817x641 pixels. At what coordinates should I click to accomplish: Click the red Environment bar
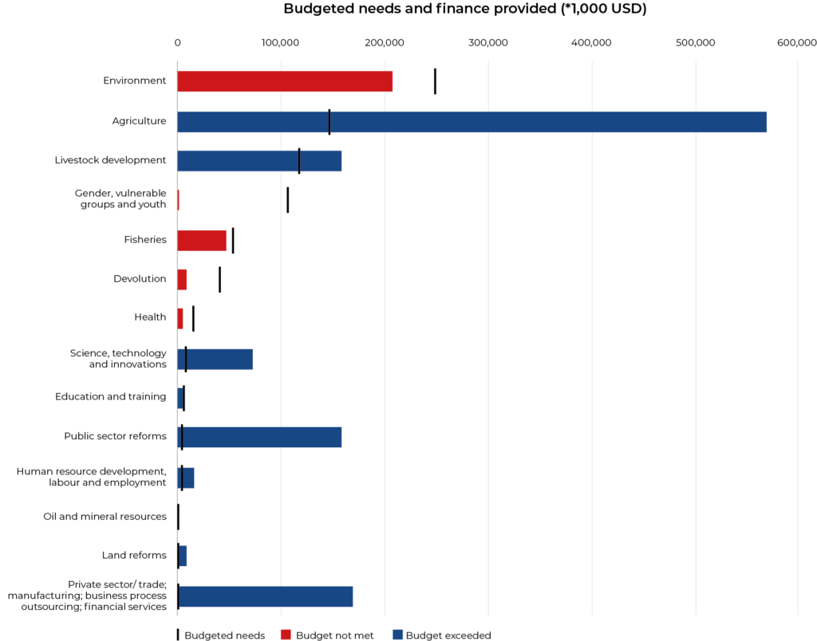(285, 81)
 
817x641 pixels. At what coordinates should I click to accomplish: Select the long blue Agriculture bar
(472, 122)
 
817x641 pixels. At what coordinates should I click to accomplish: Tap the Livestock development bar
(259, 161)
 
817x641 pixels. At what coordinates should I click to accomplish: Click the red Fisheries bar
(202, 241)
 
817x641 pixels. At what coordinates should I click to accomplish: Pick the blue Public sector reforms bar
(259, 438)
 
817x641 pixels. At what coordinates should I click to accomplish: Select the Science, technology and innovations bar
(215, 360)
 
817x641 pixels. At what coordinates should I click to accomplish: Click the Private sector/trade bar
(265, 596)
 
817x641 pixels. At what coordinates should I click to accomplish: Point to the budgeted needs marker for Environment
(435, 81)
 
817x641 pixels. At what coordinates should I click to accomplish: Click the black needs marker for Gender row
(287, 200)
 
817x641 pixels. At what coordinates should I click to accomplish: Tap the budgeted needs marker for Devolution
(220, 280)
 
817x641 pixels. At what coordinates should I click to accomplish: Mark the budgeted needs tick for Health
(193, 319)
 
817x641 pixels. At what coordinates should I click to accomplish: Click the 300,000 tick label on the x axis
(488, 43)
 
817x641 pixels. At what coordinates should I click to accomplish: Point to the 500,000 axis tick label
(696, 43)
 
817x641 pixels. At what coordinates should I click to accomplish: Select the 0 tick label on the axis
(178, 43)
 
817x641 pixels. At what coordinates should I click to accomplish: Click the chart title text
(465, 9)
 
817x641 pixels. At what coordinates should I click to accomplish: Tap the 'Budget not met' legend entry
(327, 635)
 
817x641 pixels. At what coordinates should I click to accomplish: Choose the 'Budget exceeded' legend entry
(442, 635)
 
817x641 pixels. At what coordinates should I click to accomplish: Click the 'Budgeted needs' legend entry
(221, 635)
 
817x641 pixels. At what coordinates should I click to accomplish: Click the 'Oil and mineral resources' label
(105, 517)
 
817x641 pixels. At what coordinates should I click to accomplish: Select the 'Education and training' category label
(110, 397)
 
